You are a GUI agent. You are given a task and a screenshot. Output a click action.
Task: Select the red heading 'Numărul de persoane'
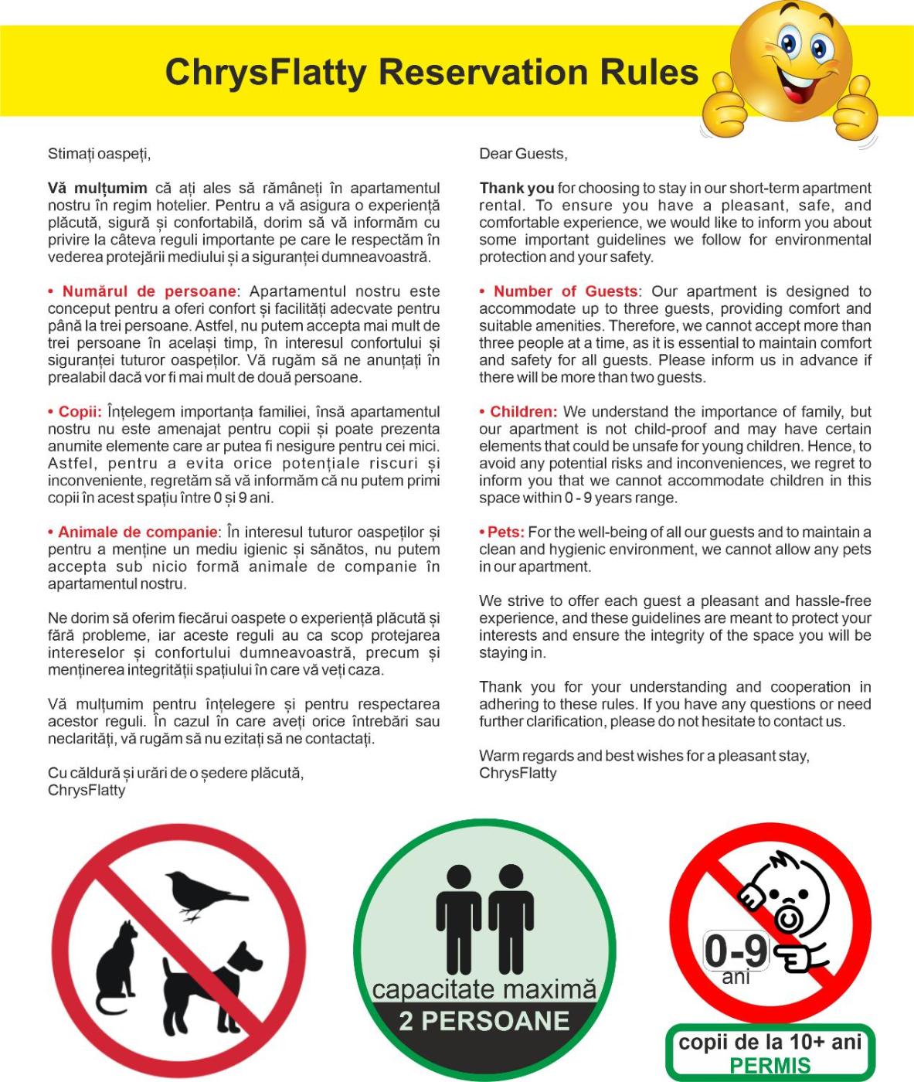click(x=148, y=291)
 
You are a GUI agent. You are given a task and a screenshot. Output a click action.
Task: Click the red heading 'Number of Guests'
click(x=566, y=291)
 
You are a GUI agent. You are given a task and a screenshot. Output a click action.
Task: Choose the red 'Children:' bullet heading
click(x=523, y=412)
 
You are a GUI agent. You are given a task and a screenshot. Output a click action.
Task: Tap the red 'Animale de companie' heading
click(x=138, y=532)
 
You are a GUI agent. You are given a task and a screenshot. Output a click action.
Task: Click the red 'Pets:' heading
click(x=506, y=532)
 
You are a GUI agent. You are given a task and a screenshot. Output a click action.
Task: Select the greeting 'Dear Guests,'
click(x=523, y=154)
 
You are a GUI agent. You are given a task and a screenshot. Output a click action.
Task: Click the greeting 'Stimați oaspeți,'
click(x=99, y=154)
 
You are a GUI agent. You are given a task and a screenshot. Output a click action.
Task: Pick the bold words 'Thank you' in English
click(x=516, y=188)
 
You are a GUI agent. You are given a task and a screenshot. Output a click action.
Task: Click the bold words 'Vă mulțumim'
click(x=97, y=188)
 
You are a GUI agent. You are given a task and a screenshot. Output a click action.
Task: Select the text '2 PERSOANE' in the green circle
click(x=484, y=1021)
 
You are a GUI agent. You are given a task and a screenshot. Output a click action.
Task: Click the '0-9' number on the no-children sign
click(x=736, y=951)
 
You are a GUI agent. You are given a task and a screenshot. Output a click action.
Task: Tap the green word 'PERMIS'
click(x=770, y=1066)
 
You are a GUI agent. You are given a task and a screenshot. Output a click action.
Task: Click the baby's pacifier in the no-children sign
click(x=787, y=919)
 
